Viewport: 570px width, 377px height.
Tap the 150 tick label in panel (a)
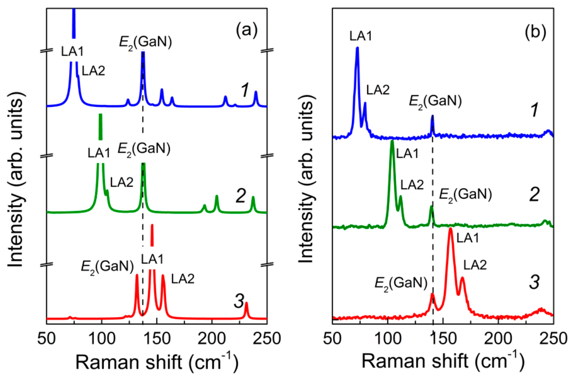[x=157, y=339]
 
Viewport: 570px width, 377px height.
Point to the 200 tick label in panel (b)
[x=498, y=339]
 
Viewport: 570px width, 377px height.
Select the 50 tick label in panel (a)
[x=47, y=339]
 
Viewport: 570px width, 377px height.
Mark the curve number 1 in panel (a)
[x=245, y=90]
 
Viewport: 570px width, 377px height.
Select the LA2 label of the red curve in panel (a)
[x=183, y=279]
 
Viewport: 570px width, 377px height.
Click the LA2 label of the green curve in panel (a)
[x=122, y=182]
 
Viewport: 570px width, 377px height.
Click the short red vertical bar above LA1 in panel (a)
[x=152, y=235]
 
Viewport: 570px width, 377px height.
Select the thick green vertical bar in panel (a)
[x=101, y=127]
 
